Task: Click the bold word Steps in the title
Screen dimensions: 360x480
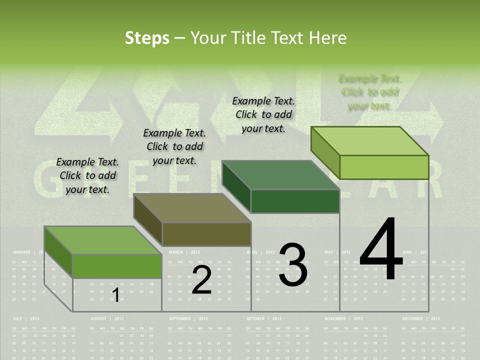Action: tap(147, 38)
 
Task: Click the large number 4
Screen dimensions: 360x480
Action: tap(381, 250)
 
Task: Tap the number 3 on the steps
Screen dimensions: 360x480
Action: tap(293, 265)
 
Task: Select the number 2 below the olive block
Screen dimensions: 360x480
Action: tap(202, 280)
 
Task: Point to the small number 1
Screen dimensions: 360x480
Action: tap(115, 295)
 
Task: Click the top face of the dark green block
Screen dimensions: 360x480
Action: tap(280, 175)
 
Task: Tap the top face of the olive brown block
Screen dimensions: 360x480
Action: tap(192, 208)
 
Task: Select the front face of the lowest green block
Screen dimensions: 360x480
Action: tap(117, 266)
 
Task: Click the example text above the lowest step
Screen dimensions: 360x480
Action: tap(87, 175)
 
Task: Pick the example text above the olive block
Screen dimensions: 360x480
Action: tap(174, 146)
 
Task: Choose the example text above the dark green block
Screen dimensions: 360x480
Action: tap(263, 114)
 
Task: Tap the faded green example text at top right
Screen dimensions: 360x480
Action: tap(370, 92)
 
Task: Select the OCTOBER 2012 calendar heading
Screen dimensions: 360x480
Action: tap(264, 318)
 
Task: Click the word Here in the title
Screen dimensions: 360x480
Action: tap(328, 38)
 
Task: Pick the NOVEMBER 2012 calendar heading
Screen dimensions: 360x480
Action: tap(343, 318)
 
